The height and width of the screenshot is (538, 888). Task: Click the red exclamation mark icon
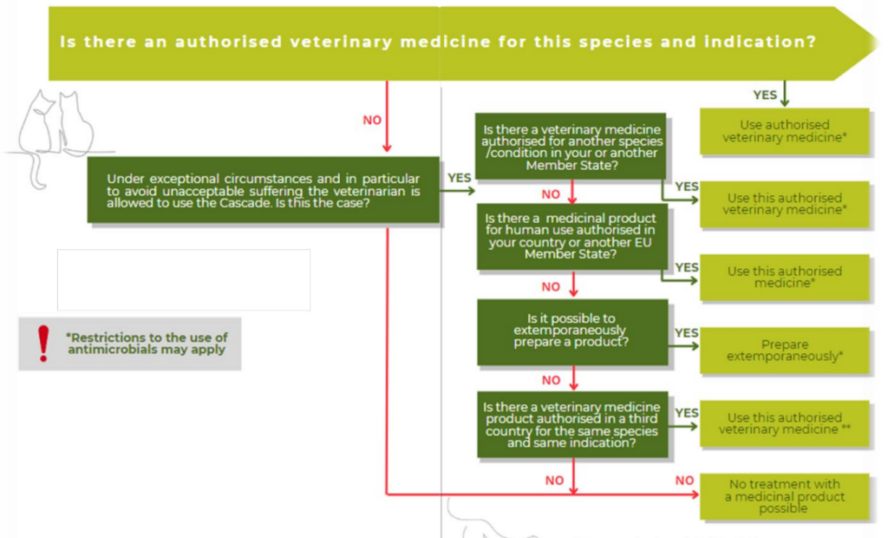[43, 344]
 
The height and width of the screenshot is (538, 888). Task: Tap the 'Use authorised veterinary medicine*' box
[784, 131]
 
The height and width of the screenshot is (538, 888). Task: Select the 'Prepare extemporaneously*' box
[784, 351]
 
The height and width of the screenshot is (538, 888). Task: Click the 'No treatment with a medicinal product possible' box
[784, 496]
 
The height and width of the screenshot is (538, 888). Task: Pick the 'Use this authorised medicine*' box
[784, 277]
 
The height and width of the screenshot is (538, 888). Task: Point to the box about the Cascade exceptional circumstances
[264, 190]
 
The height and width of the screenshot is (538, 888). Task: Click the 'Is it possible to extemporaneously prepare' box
[572, 331]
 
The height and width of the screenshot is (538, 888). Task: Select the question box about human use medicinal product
[572, 236]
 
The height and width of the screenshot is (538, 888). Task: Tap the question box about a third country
[572, 424]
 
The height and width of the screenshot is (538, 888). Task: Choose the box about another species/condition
[571, 147]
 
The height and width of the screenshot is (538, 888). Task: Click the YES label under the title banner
[765, 95]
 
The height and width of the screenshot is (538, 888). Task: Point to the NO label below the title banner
[372, 121]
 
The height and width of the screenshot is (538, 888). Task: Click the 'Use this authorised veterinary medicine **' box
[784, 423]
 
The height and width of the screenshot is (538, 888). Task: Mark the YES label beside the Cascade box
[460, 178]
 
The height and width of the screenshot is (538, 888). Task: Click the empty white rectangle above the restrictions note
[184, 279]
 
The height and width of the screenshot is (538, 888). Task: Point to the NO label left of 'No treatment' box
[685, 481]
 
